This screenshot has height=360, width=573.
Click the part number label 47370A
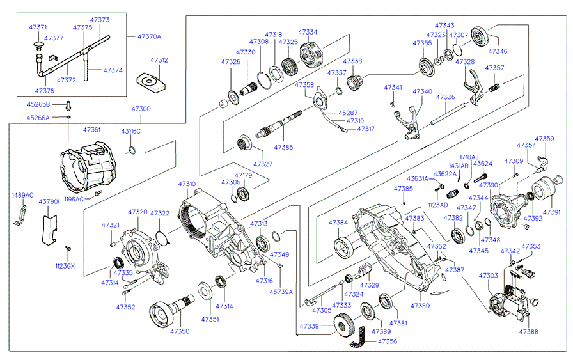(x=149, y=36)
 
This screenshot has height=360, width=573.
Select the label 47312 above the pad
(x=159, y=60)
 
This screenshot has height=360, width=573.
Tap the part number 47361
(x=91, y=130)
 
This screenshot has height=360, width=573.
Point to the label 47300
(x=141, y=109)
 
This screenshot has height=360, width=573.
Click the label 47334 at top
(x=308, y=31)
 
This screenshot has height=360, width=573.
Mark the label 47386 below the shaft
(x=283, y=147)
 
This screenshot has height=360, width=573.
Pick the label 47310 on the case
(x=187, y=184)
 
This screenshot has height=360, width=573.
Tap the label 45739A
(x=281, y=292)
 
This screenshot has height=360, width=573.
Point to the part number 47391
(x=552, y=212)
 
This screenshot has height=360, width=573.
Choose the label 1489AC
(x=22, y=196)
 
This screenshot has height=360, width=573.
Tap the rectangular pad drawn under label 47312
(x=151, y=82)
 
